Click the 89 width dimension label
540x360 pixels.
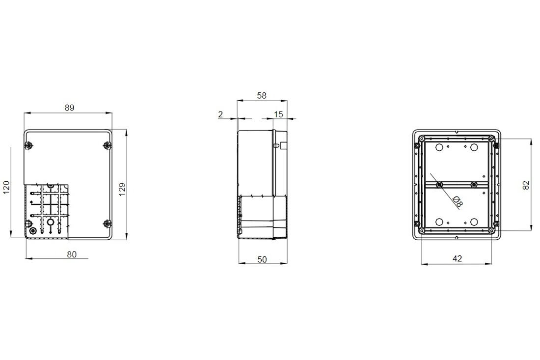[70, 108]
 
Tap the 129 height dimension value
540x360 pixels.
[122, 190]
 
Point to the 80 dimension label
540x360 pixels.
[72, 254]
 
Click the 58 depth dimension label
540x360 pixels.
[262, 95]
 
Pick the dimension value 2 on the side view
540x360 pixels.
[220, 114]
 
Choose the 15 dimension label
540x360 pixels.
[278, 114]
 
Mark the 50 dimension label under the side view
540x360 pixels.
[262, 259]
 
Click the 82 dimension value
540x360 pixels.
[526, 186]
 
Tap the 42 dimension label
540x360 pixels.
[457, 258]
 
